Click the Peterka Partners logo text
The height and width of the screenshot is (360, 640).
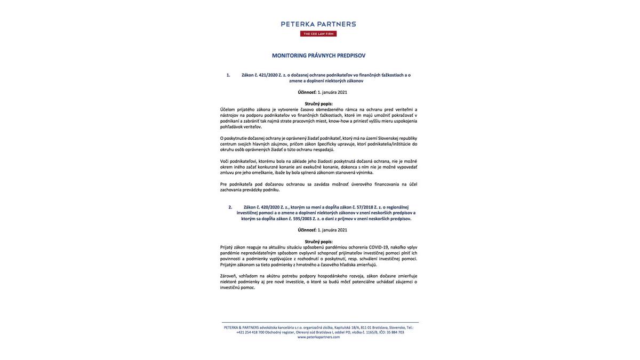[318, 24]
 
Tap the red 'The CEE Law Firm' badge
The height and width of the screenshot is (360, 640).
[318, 34]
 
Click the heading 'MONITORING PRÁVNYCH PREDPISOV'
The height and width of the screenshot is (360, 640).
[318, 55]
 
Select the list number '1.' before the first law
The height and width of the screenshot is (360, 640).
[228, 75]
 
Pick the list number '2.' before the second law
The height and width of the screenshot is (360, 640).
[230, 207]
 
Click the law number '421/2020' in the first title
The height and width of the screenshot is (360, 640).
[268, 75]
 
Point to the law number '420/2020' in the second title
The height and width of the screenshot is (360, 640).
[270, 207]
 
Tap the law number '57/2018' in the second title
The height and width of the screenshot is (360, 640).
[365, 207]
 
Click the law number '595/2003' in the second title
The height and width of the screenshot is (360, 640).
[302, 219]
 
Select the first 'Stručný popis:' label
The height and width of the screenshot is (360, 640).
[318, 104]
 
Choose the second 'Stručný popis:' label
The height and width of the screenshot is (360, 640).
[318, 242]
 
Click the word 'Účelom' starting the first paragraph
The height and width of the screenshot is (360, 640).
[227, 110]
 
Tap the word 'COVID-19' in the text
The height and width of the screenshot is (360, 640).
[379, 247]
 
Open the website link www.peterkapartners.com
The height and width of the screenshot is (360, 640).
[318, 337]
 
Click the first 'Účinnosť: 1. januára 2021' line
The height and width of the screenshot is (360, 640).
[322, 92]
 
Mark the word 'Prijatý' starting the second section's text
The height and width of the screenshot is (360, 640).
[226, 247]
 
